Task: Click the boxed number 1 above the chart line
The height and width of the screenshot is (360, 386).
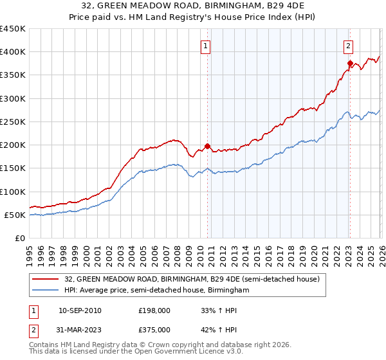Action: [205, 46]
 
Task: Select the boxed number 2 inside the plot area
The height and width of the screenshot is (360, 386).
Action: [348, 46]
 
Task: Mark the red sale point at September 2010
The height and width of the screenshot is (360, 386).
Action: [207, 146]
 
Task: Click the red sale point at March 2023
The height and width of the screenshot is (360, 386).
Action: [350, 63]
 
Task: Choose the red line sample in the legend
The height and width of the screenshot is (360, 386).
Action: [46, 279]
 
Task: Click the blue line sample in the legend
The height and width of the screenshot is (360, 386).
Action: [46, 291]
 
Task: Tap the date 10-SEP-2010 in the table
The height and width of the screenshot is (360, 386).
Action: [80, 310]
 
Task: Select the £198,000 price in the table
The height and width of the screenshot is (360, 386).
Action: [154, 310]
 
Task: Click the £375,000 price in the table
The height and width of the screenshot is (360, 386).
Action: [154, 329]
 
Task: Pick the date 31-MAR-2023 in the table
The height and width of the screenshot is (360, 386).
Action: [80, 329]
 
